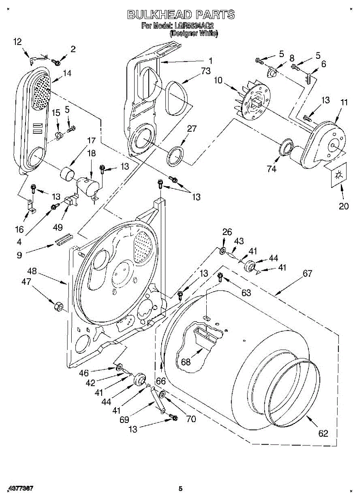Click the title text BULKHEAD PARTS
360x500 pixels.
coord(180,15)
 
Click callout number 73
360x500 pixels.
coord(205,71)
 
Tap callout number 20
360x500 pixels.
coord(343,206)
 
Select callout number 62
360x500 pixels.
coord(323,433)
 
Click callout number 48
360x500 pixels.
coord(32,271)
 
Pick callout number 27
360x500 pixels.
coord(191,129)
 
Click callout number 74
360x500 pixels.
coord(271,169)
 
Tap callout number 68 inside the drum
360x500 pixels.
coord(186,362)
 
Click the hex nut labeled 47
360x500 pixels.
coord(59,307)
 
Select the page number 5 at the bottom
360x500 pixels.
coord(180,489)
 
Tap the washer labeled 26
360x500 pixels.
coord(222,251)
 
